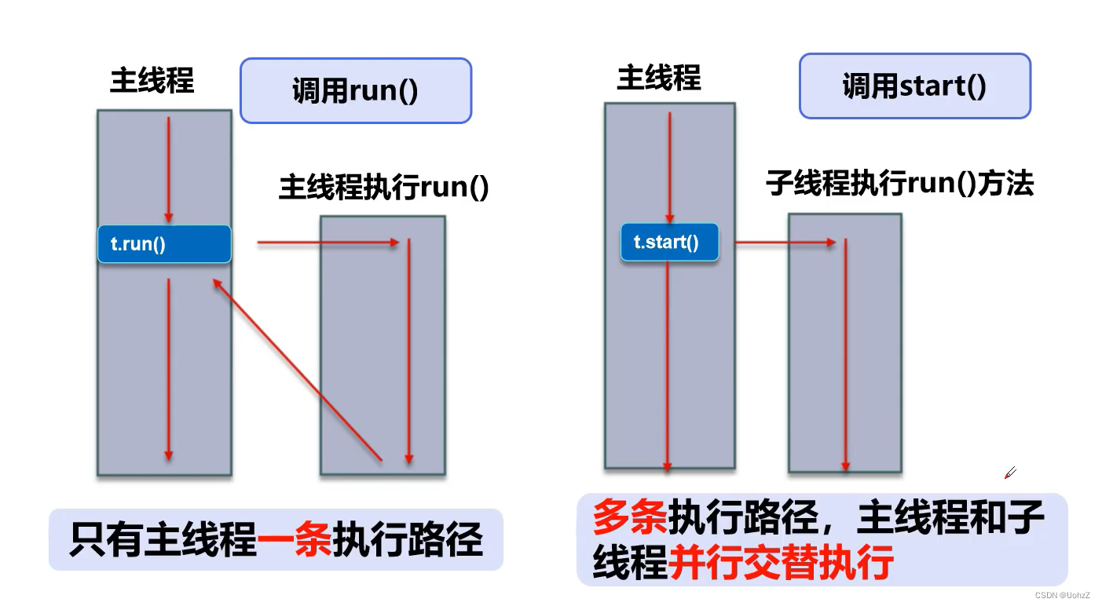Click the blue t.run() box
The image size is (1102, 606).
point(164,244)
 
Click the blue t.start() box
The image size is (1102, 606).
point(669,243)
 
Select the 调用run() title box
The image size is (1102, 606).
point(355,90)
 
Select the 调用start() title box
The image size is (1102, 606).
point(914,86)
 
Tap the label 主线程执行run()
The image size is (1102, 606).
point(384,189)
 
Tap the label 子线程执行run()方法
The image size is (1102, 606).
point(900,183)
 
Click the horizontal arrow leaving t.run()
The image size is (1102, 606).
point(328,243)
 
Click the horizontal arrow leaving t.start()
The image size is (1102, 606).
point(785,243)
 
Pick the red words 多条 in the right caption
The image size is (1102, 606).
point(629,517)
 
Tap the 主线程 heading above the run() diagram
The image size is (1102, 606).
point(152,81)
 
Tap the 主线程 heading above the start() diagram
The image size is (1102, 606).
point(659,78)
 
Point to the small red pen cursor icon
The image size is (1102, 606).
point(1010,473)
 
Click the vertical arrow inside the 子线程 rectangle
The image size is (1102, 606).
point(845,353)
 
